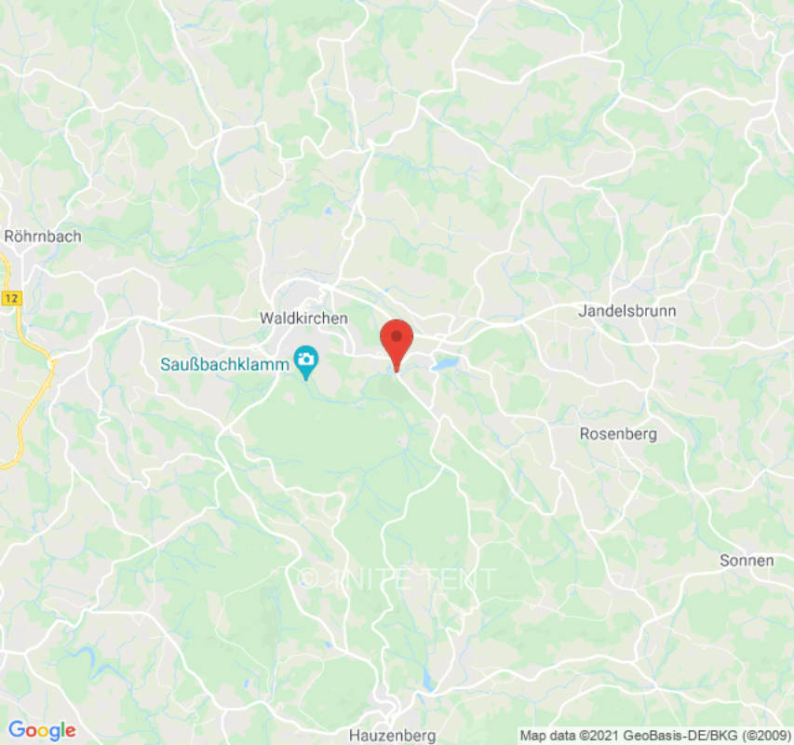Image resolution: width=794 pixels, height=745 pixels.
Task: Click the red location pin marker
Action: coord(397,341)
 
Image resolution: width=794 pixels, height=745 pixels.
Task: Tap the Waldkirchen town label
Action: coord(303,318)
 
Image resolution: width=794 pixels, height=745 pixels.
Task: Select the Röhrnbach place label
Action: coord(43,237)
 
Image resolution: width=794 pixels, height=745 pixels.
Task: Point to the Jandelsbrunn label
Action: coord(627,311)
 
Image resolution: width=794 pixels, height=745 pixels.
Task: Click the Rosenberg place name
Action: coord(618,434)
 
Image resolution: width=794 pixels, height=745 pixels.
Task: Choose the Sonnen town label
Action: coord(747,561)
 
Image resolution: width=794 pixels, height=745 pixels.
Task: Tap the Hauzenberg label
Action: coord(392,736)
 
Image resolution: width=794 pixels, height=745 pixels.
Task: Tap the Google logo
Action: coord(41,730)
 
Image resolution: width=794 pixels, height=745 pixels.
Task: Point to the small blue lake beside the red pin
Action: coord(445,363)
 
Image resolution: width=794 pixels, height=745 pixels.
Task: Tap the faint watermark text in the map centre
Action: coord(397,578)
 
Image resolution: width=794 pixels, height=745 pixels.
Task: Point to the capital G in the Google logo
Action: coord(16,730)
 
